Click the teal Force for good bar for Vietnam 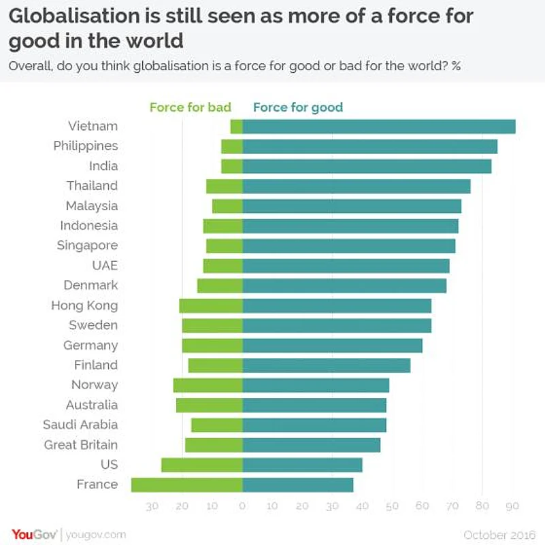[x=378, y=127]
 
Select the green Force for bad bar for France [x=187, y=485]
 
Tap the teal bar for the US [x=302, y=465]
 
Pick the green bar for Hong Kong [x=211, y=305]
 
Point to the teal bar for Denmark [x=344, y=286]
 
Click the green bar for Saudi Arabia [x=217, y=425]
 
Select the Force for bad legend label [x=191, y=107]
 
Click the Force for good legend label [x=298, y=107]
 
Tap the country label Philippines [x=86, y=146]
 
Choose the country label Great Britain [x=81, y=445]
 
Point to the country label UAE [x=105, y=265]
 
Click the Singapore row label [x=88, y=246]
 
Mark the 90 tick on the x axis [x=512, y=506]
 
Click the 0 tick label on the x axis [x=243, y=506]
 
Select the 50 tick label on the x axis [x=392, y=506]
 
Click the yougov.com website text [x=96, y=535]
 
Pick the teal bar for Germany [x=332, y=346]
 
